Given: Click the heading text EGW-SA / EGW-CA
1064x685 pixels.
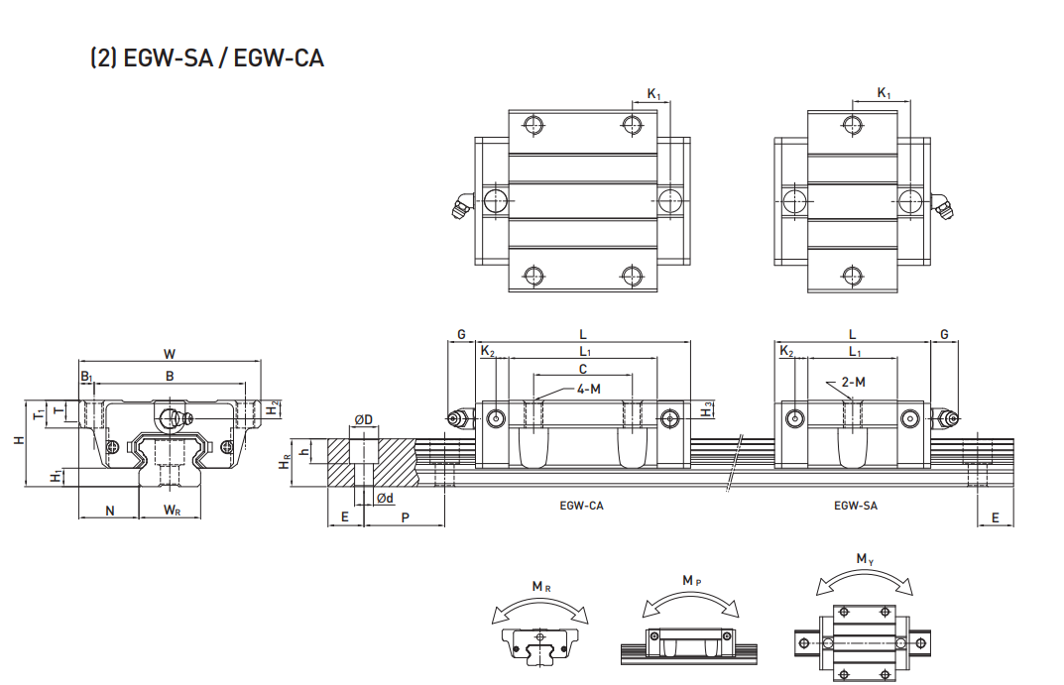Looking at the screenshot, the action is pos(224,57).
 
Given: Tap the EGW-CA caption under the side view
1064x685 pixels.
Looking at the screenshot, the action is pos(581,506).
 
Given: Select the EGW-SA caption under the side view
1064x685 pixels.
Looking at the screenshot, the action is pos(856,506).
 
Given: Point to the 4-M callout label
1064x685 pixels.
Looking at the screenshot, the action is pos(588,389).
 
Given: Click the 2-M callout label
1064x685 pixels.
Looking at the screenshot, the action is pos(853,382).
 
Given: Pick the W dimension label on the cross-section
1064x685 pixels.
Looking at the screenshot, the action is pos(170,353).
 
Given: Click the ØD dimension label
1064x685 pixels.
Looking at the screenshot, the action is pos(364,419).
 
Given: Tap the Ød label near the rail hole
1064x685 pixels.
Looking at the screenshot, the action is pos(385,499).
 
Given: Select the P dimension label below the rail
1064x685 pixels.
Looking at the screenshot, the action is pos(406,517).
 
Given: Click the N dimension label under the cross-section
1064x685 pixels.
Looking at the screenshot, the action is pos(110,511).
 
